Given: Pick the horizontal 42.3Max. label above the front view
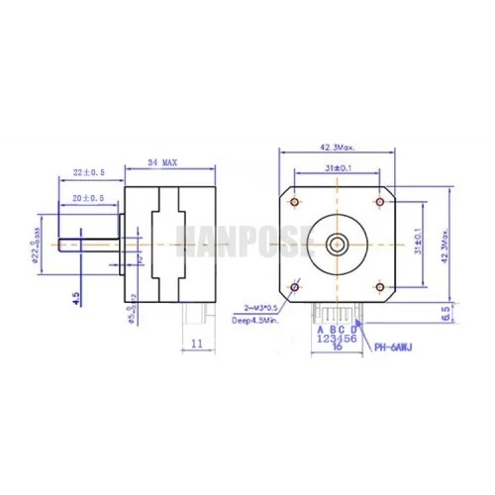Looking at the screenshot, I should (x=338, y=149).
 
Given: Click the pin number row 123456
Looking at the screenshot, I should (x=338, y=338).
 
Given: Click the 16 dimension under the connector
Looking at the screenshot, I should (x=337, y=347).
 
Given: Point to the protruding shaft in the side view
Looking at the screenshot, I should (x=90, y=242).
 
